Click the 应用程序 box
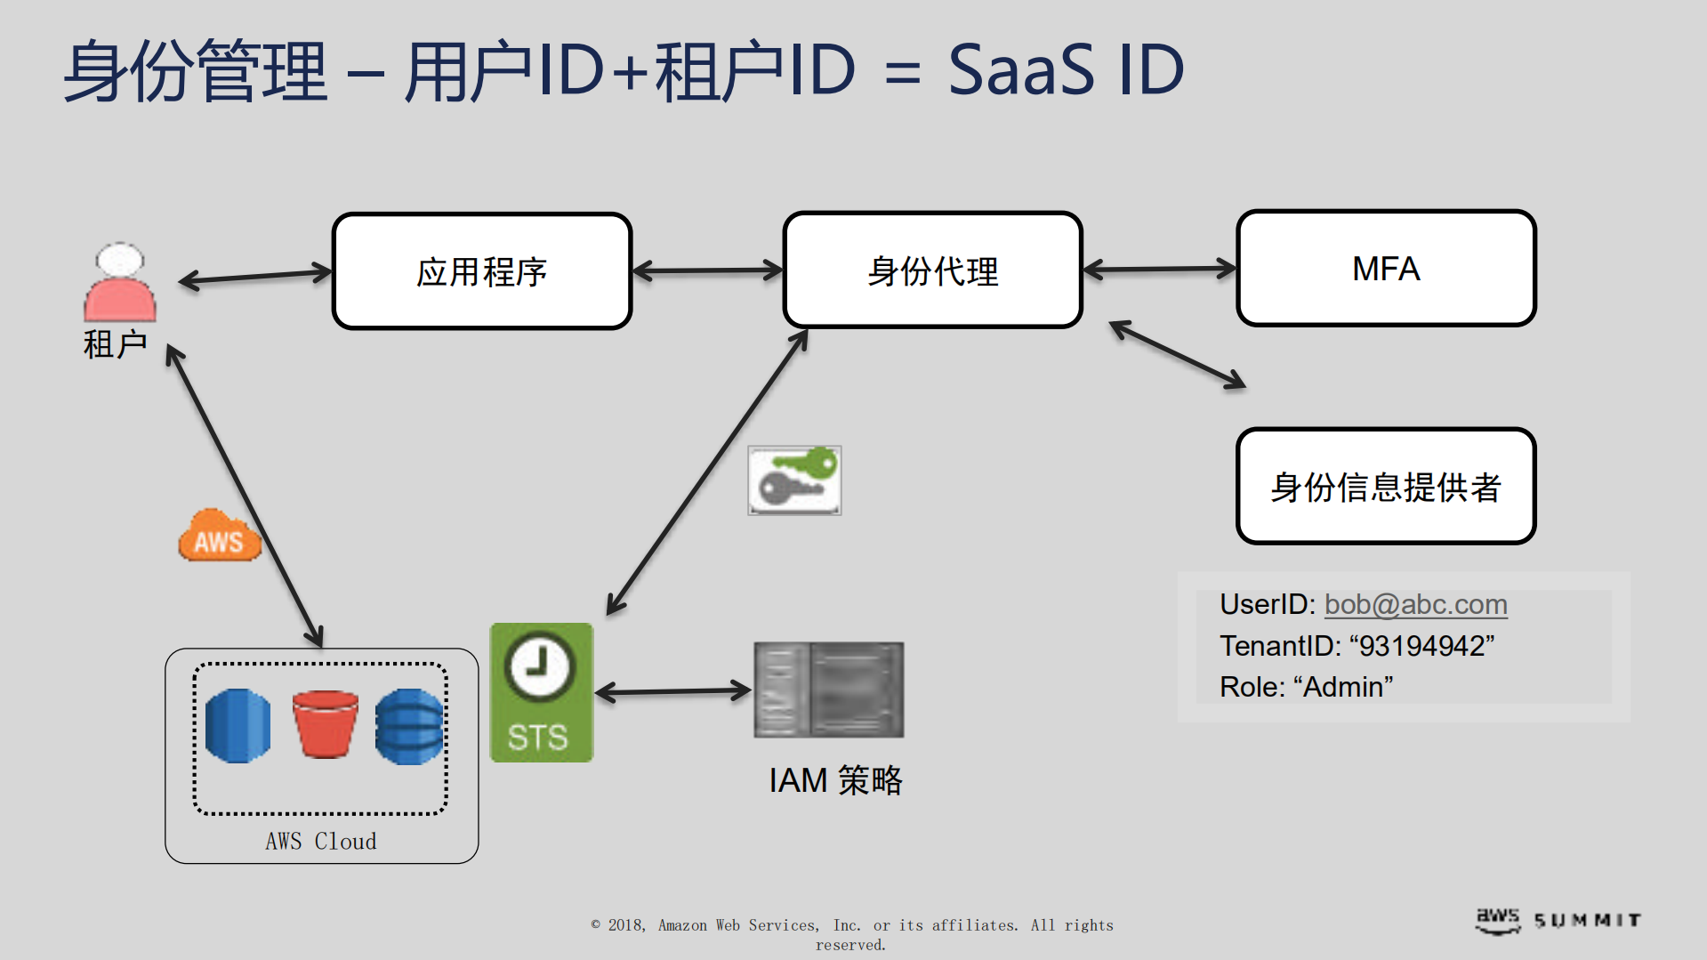tap(482, 271)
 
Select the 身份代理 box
tap(932, 270)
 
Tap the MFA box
tap(1386, 269)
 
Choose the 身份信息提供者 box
tap(1386, 487)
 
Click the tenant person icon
tap(120, 283)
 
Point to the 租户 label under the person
tap(115, 344)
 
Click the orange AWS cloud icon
tap(219, 536)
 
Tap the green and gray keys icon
tap(794, 480)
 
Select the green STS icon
tap(541, 692)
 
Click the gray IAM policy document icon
tap(828, 690)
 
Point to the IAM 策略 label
tap(835, 780)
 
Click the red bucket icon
tap(325, 723)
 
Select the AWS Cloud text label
tap(321, 841)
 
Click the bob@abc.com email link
tap(1415, 604)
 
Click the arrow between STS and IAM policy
tap(673, 691)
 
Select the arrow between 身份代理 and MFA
tap(1159, 269)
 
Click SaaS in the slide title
tap(1020, 70)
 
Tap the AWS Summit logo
tap(1558, 920)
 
